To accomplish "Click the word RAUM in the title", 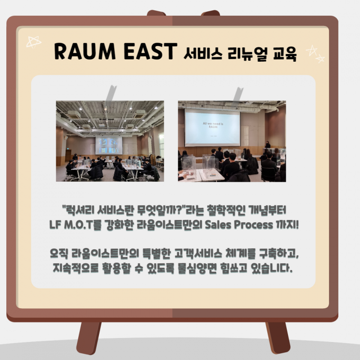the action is click(85, 51).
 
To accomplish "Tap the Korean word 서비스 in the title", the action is click(203, 54).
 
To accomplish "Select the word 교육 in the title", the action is click(285, 54).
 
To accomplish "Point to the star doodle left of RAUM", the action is click(33, 42).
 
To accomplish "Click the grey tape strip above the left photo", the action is click(111, 93).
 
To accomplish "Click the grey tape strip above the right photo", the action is click(238, 94).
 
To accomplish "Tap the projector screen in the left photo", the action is click(109, 145).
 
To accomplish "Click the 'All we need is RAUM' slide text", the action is click(213, 125).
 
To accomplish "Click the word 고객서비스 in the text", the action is click(198, 253).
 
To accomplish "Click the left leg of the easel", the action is click(89, 337).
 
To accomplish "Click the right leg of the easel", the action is click(278, 337).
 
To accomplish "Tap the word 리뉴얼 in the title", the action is click(247, 54).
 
